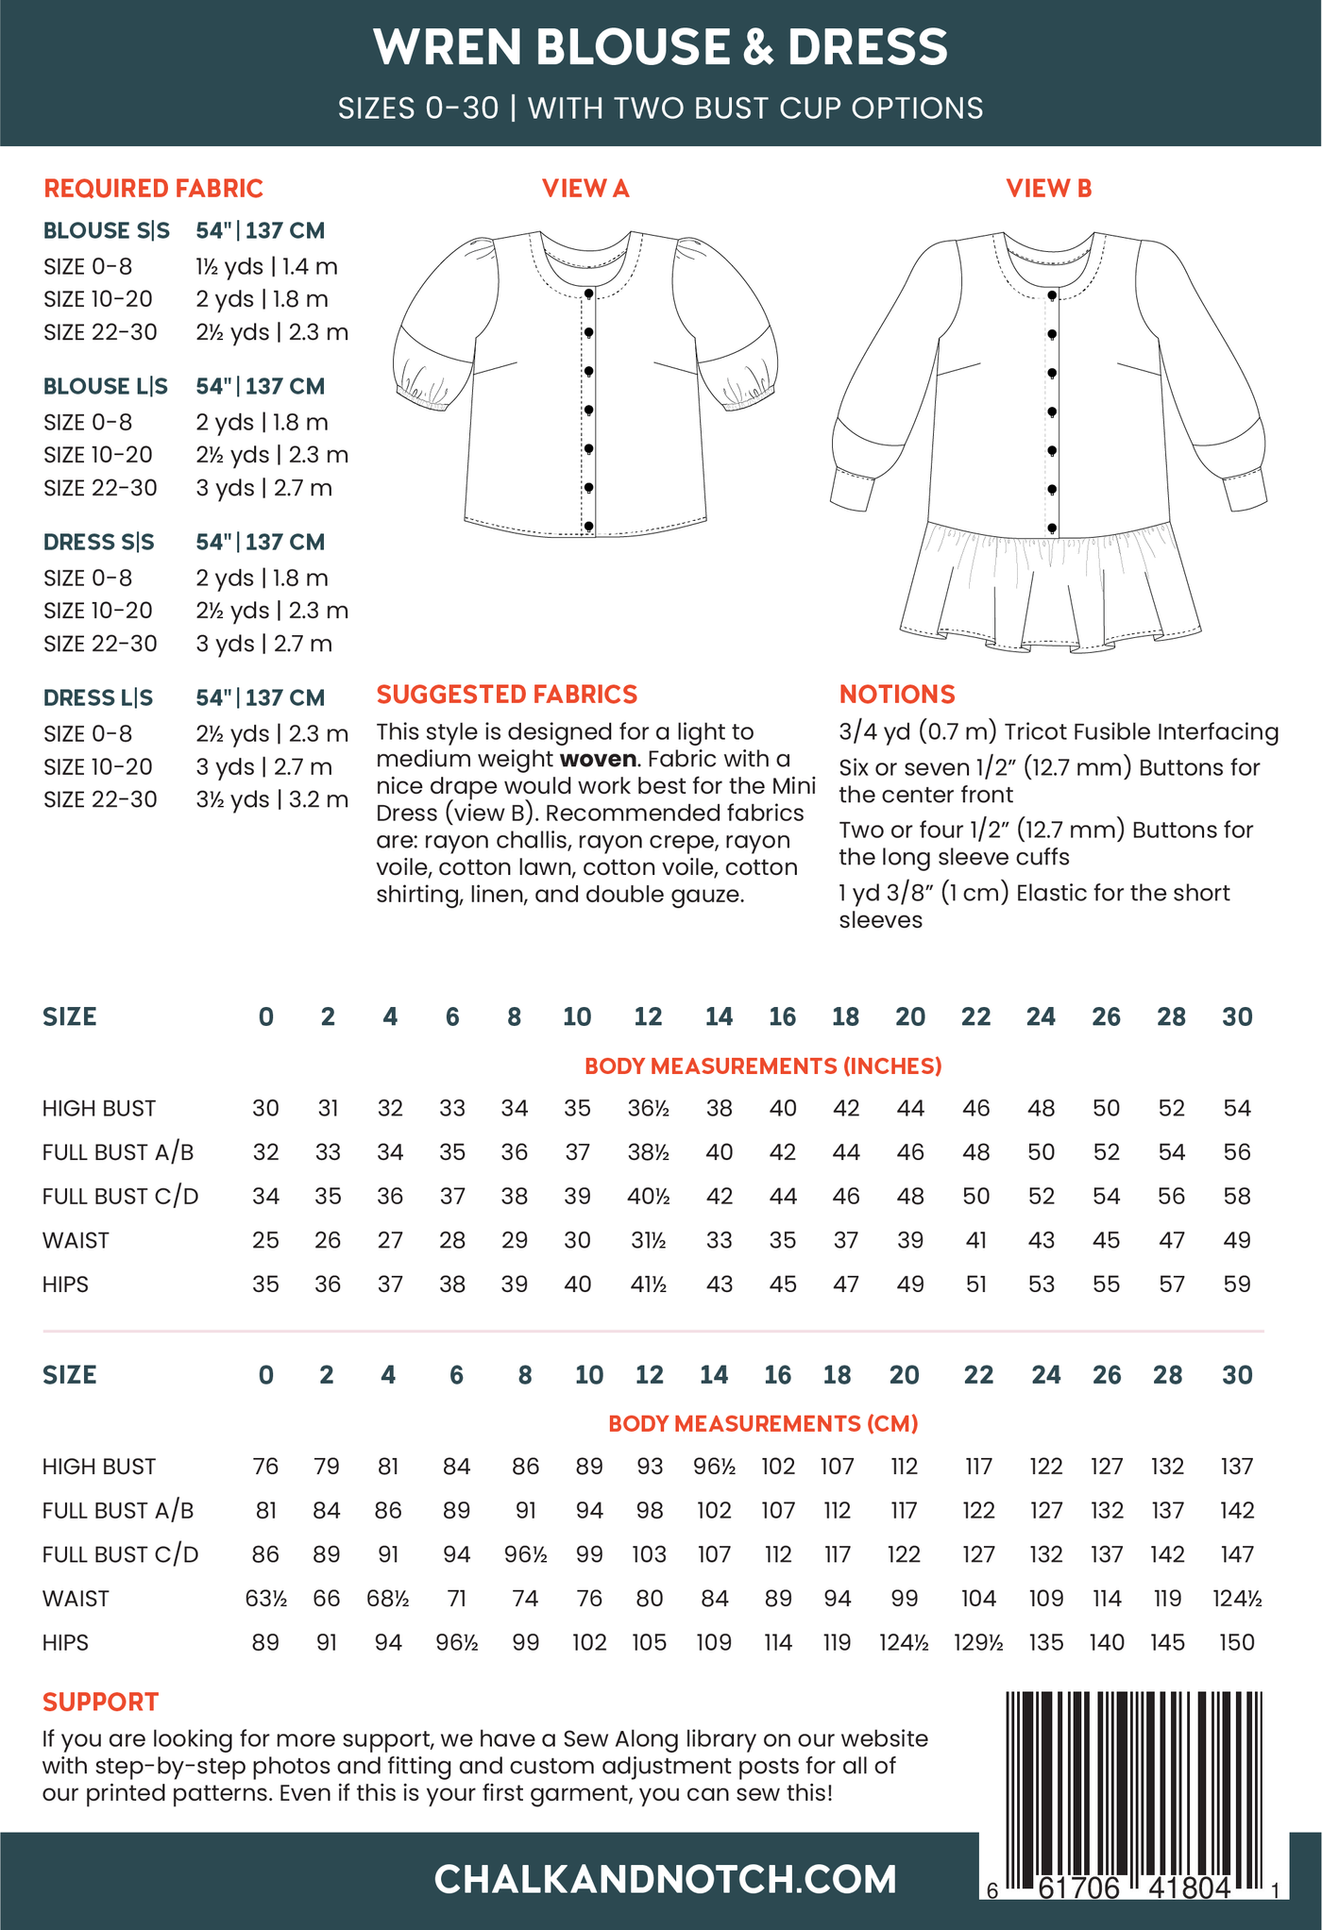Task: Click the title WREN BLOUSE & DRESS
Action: (x=660, y=47)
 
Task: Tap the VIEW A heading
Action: (x=585, y=189)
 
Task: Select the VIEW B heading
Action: (x=1048, y=189)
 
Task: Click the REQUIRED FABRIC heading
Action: (x=153, y=189)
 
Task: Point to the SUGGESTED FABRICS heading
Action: (x=507, y=695)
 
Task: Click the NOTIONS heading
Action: (x=897, y=695)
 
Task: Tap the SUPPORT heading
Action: (x=100, y=1702)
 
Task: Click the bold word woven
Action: (x=597, y=759)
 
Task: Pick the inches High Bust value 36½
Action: (x=649, y=1108)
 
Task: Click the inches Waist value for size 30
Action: (x=1237, y=1240)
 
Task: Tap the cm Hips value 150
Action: (x=1237, y=1642)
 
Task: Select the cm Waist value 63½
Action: (x=266, y=1599)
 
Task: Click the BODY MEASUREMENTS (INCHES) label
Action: (x=763, y=1066)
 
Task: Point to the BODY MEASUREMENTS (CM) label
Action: (x=763, y=1423)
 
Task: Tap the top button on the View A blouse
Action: (x=588, y=294)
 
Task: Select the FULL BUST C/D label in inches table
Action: (x=121, y=1197)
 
